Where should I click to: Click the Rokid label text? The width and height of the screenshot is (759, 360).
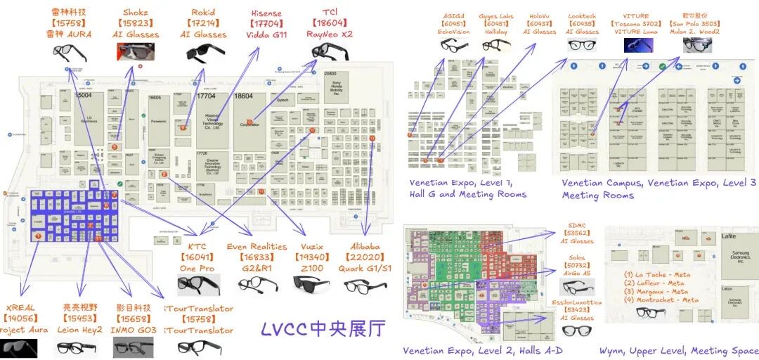(x=203, y=12)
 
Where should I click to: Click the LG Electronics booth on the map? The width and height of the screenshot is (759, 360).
(x=89, y=120)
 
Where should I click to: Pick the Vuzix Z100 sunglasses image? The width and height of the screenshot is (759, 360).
(x=311, y=284)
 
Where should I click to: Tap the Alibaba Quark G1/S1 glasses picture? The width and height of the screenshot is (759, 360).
(x=365, y=285)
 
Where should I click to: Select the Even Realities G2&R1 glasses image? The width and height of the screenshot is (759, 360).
(x=257, y=284)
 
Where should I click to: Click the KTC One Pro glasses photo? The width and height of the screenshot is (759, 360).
(x=197, y=284)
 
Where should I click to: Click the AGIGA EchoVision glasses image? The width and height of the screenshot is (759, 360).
(x=454, y=45)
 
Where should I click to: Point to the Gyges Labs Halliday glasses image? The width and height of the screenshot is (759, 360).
(x=496, y=45)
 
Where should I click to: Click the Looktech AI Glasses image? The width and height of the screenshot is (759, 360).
(x=581, y=45)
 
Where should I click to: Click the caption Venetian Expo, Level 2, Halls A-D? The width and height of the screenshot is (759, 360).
(x=484, y=350)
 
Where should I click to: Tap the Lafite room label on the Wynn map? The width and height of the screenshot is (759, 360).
(x=729, y=236)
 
